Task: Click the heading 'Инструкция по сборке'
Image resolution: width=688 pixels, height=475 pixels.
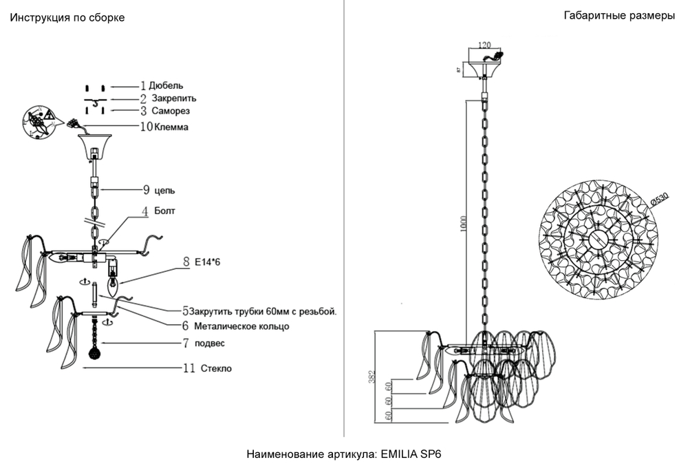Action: pyautogui.click(x=67, y=18)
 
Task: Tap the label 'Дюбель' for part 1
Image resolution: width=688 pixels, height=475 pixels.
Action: pyautogui.click(x=166, y=86)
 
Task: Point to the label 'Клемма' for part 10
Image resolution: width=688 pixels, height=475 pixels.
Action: pyautogui.click(x=172, y=127)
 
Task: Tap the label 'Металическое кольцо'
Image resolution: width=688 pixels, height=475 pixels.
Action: pyautogui.click(x=241, y=326)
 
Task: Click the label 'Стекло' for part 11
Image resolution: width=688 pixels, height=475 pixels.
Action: pyautogui.click(x=216, y=368)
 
